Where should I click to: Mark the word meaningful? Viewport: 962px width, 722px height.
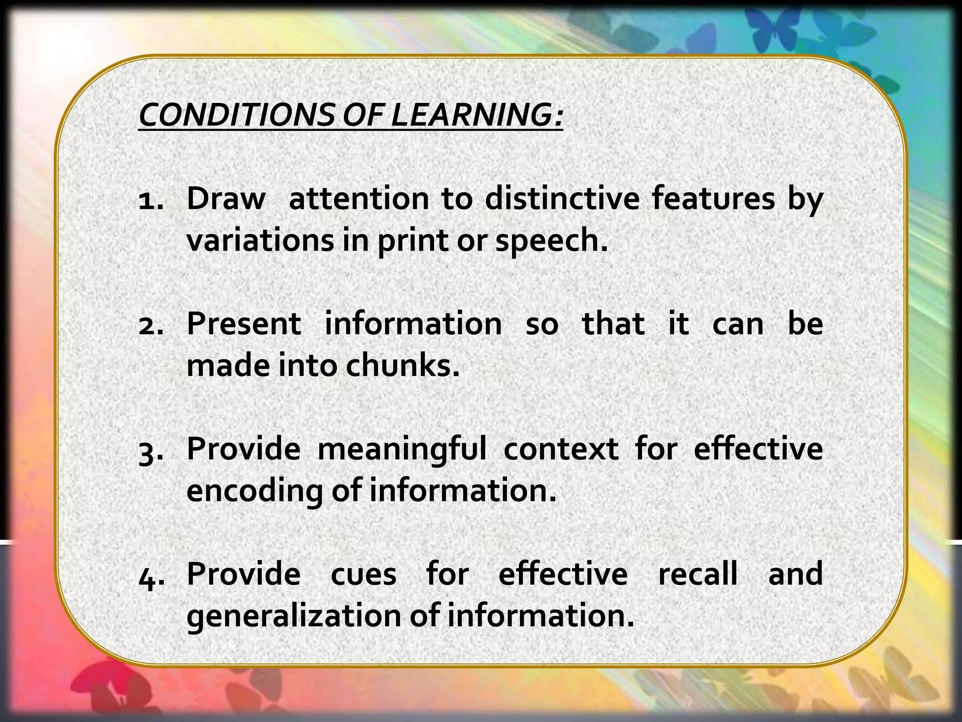click(402, 449)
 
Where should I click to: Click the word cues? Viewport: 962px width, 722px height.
click(364, 574)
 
